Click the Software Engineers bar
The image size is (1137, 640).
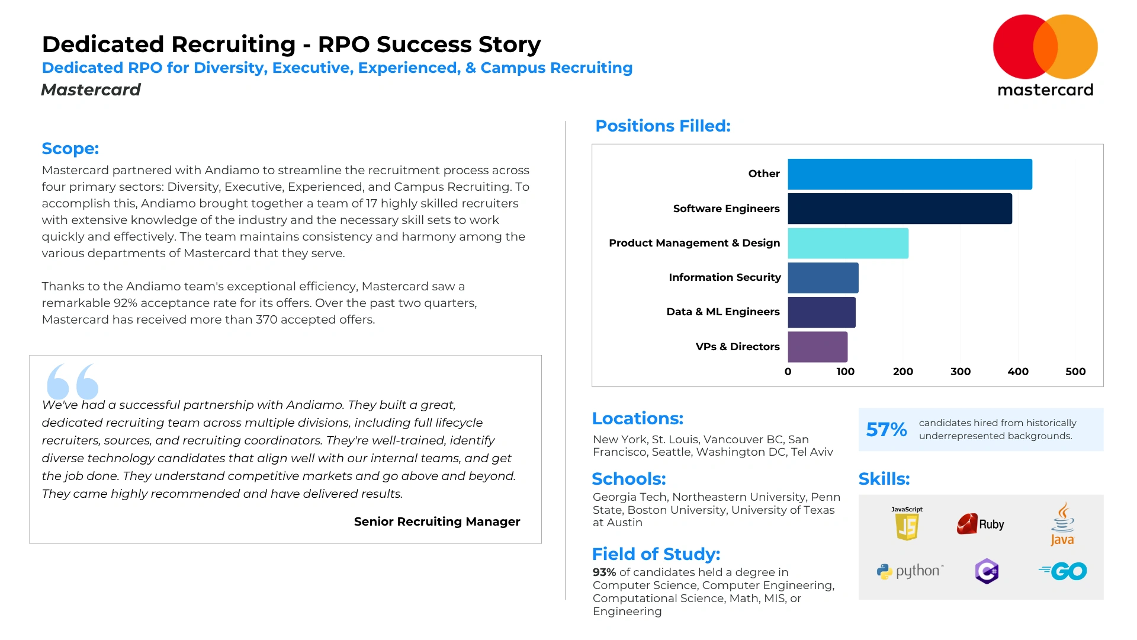pos(900,209)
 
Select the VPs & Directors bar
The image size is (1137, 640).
pos(817,347)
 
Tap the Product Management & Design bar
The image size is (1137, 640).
pos(848,243)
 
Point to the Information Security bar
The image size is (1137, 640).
pos(823,277)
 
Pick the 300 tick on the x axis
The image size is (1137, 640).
pos(960,372)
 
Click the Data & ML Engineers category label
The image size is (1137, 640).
pos(722,312)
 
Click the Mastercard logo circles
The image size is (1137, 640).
pos(1045,47)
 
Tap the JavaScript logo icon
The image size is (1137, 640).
pos(907,524)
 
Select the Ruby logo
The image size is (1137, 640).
pos(980,524)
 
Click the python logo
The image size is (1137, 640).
pos(910,571)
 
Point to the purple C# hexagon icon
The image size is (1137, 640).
pos(987,571)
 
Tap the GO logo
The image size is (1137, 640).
pos(1063,571)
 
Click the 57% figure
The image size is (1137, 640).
pos(886,429)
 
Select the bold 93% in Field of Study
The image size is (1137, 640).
pos(604,572)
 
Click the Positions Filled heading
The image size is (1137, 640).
pos(663,126)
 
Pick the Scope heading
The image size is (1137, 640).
pos(70,148)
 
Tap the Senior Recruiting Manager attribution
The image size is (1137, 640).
pos(436,521)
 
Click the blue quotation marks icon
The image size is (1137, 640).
pos(73,381)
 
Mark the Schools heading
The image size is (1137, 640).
pos(628,479)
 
